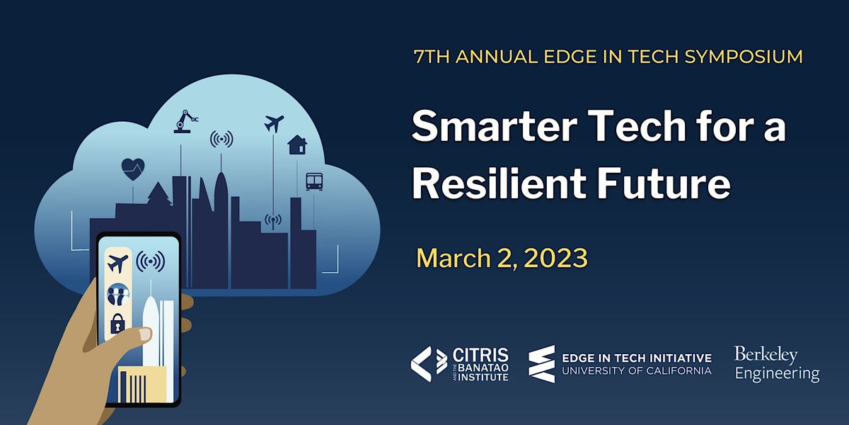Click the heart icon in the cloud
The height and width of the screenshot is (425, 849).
(x=133, y=169)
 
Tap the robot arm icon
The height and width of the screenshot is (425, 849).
(x=185, y=121)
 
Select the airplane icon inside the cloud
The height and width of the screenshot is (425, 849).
(x=273, y=123)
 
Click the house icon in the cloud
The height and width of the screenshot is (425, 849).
(x=297, y=144)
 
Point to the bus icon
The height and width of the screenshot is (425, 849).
(x=314, y=181)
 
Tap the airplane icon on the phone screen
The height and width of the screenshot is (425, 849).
(x=118, y=263)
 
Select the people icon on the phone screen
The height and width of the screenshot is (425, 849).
(x=117, y=294)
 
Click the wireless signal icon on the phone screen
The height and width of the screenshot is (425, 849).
(x=150, y=262)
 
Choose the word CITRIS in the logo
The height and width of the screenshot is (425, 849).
(x=480, y=353)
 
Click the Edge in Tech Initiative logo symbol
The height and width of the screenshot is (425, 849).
(x=541, y=364)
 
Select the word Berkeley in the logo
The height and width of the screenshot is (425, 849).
(x=766, y=354)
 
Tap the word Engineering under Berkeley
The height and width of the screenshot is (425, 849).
(x=777, y=373)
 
